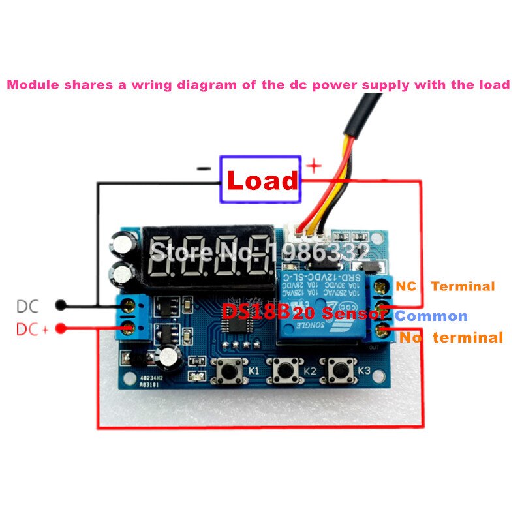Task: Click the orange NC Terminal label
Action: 446,286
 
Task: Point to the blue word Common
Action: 431,316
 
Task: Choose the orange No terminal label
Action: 451,337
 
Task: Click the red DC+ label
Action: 33,330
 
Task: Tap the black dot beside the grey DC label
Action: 61,305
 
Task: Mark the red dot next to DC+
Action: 61,329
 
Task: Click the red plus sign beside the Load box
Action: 314,166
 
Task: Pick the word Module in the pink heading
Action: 33,85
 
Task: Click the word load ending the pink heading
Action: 495,85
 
